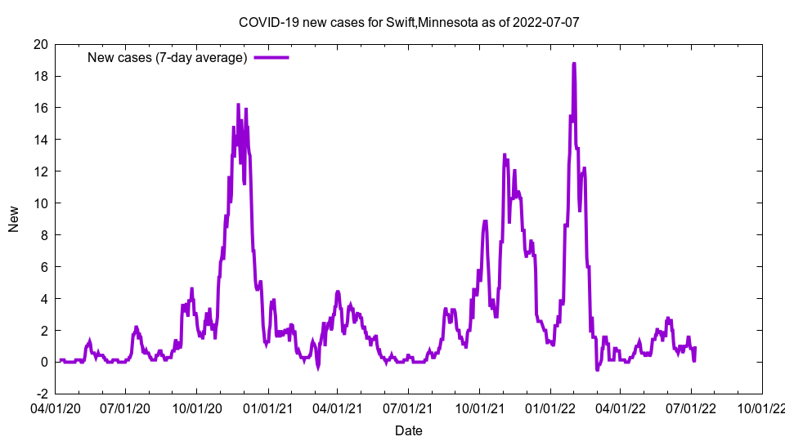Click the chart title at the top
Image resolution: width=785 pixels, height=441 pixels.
click(409, 22)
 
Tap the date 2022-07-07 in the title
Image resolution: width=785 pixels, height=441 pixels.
click(546, 22)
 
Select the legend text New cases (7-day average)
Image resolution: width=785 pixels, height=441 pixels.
click(167, 57)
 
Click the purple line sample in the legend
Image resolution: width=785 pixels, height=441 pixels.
click(271, 57)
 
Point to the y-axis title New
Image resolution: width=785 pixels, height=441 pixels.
click(14, 218)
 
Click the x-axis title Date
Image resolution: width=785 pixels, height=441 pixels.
click(409, 430)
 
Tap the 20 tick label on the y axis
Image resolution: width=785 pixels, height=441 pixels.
click(39, 44)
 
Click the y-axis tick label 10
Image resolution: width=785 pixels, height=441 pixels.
click(39, 203)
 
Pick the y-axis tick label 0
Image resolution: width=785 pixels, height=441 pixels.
click(43, 362)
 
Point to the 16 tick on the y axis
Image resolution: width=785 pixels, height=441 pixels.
click(39, 108)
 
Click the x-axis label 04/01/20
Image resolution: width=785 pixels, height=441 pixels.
click(55, 406)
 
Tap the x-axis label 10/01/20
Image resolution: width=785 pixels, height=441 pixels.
click(196, 406)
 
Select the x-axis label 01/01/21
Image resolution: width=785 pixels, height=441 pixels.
click(267, 406)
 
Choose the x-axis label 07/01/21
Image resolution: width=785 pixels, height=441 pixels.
click(408, 406)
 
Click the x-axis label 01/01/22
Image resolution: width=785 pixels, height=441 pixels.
click(550, 406)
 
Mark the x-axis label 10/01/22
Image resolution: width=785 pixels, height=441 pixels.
click(761, 406)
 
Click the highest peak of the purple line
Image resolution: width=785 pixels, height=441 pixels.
click(574, 64)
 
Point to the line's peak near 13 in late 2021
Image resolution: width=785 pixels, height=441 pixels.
click(505, 154)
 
